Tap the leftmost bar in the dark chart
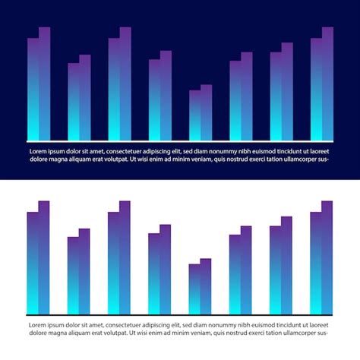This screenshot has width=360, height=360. click(x=33, y=90)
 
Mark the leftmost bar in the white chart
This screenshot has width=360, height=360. click(x=33, y=263)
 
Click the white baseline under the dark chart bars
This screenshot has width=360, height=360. click(x=180, y=141)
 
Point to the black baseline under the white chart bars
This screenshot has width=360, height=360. click(x=180, y=315)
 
